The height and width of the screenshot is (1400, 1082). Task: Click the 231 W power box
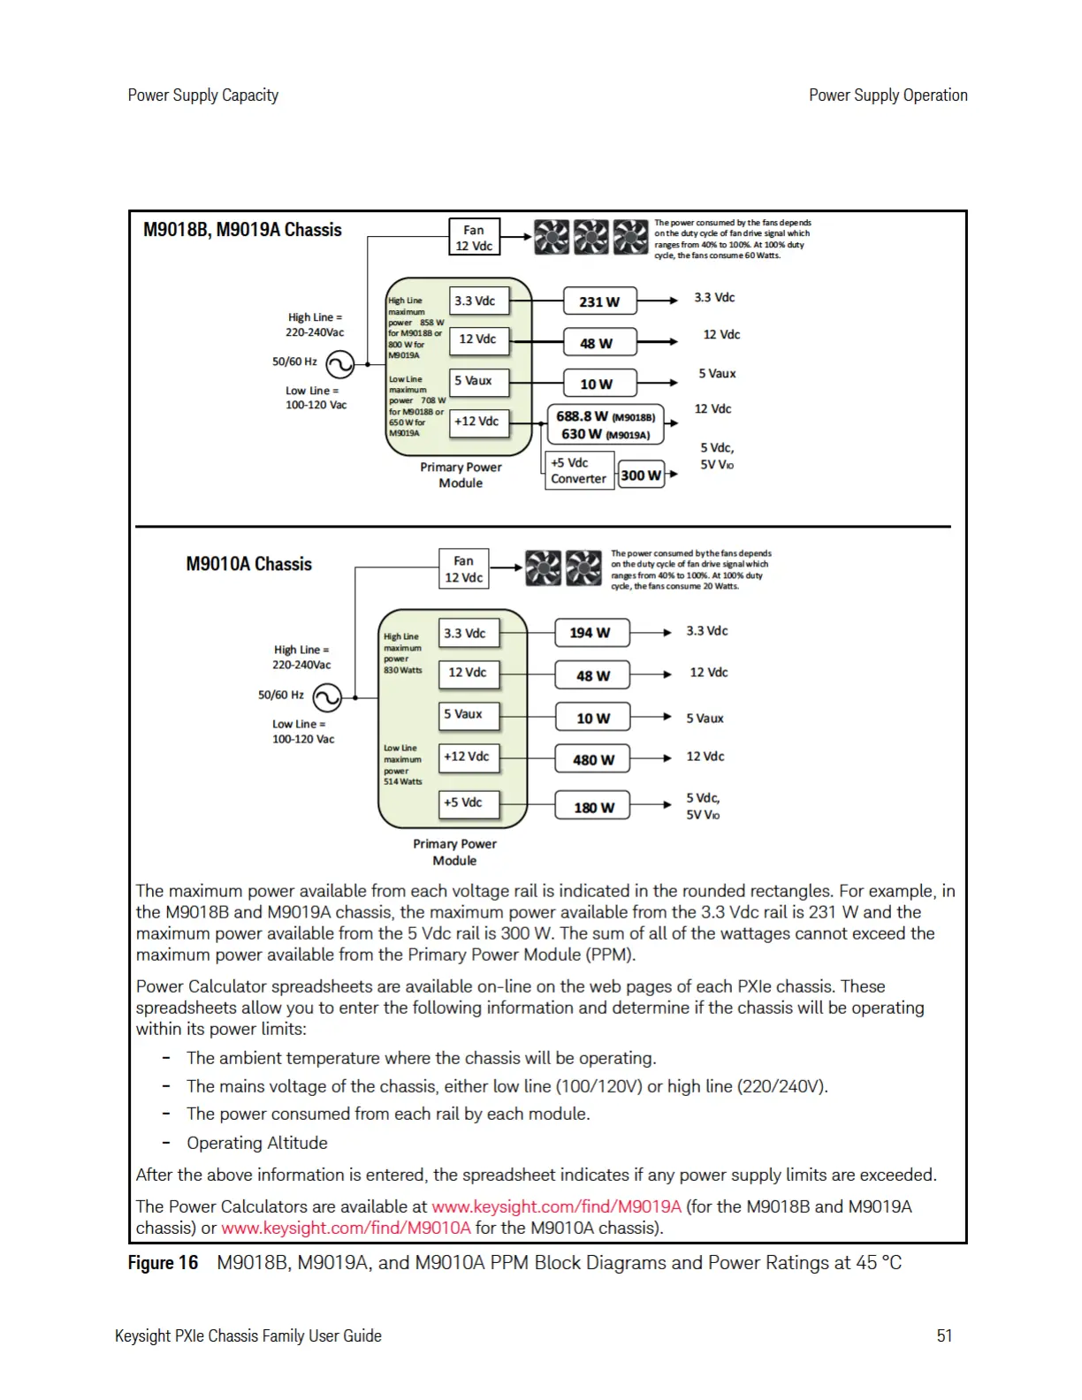pos(599,301)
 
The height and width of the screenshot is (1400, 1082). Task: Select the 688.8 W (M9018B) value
pos(606,416)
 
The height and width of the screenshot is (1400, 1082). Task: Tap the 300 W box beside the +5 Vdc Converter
pos(641,476)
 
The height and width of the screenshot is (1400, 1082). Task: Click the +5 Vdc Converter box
pos(578,470)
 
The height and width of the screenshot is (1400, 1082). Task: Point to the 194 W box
pos(591,633)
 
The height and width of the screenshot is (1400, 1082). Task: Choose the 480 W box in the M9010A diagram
pos(592,759)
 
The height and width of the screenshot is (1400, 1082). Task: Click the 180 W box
pos(592,807)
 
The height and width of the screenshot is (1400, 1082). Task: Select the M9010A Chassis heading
pos(248,564)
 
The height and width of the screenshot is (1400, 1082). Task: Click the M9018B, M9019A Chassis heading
pos(242,230)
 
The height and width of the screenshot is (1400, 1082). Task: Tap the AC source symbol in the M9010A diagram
pos(327,697)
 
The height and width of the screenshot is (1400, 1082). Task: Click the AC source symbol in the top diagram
pos(340,364)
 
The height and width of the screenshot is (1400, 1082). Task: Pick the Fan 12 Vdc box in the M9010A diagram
pos(463,569)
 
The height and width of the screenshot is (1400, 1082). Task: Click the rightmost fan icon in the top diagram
pos(630,237)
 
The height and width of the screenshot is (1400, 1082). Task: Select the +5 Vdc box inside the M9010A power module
pos(469,803)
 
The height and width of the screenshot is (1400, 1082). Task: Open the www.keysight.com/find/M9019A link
pos(556,1206)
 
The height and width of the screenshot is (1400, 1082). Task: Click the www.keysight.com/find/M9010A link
pos(346,1228)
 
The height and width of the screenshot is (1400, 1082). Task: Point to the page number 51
pos(944,1335)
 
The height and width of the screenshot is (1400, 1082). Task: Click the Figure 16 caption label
pos(163,1262)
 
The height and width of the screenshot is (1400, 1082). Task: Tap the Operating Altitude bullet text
pos(256,1143)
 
